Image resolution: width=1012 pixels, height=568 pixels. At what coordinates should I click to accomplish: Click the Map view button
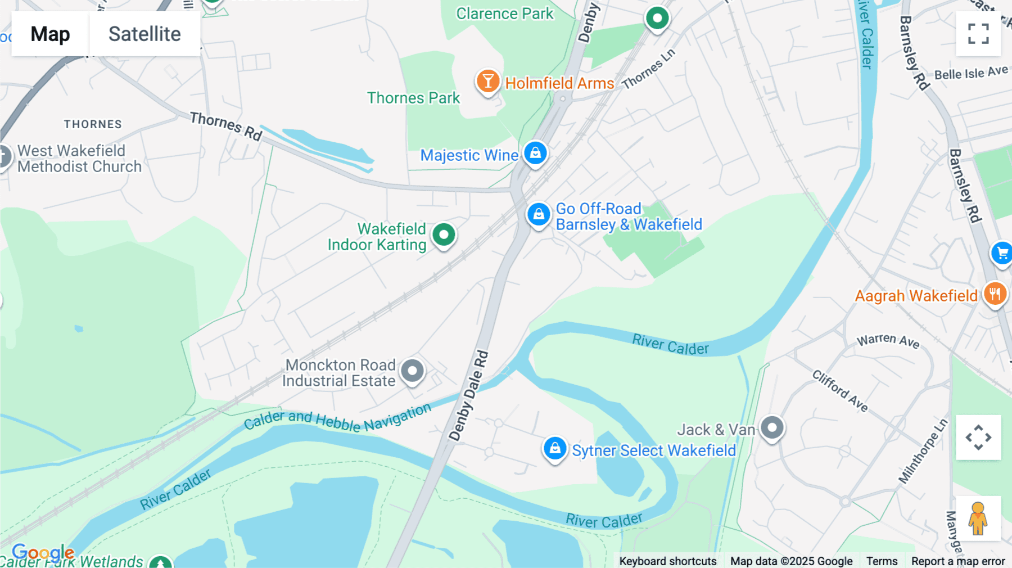[x=50, y=34]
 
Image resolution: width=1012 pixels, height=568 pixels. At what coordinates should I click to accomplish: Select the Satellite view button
[x=144, y=34]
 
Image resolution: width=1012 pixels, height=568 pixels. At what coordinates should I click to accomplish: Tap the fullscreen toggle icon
[x=978, y=34]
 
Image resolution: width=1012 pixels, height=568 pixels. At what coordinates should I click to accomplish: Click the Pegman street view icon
[x=978, y=519]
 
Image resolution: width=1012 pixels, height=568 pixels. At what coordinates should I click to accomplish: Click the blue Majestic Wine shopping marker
[x=535, y=153]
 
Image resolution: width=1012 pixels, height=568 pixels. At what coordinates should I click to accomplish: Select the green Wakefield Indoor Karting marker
[x=444, y=235]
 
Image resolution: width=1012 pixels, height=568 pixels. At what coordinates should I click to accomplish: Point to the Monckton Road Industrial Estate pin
[x=413, y=371]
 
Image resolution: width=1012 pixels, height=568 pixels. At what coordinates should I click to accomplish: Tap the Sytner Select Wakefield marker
[x=555, y=449]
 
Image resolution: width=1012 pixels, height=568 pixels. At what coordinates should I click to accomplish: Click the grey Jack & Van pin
[x=772, y=428]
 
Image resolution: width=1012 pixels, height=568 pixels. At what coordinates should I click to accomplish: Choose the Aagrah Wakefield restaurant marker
[x=995, y=294]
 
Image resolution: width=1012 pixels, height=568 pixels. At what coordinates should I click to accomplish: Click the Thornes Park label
[x=413, y=98]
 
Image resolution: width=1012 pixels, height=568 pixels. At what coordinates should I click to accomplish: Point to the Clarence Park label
[x=504, y=13]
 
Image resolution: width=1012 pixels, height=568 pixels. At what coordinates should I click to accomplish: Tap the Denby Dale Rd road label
[x=468, y=395]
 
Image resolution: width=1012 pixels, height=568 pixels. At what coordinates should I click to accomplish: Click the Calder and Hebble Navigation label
[x=337, y=419]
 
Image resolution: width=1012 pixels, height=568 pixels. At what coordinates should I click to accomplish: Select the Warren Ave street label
[x=888, y=341]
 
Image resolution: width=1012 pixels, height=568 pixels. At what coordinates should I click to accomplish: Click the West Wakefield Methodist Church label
[x=79, y=159]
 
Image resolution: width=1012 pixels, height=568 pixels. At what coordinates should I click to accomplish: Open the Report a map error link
[x=958, y=561]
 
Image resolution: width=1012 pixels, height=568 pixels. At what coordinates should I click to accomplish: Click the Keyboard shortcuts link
[x=667, y=561]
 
